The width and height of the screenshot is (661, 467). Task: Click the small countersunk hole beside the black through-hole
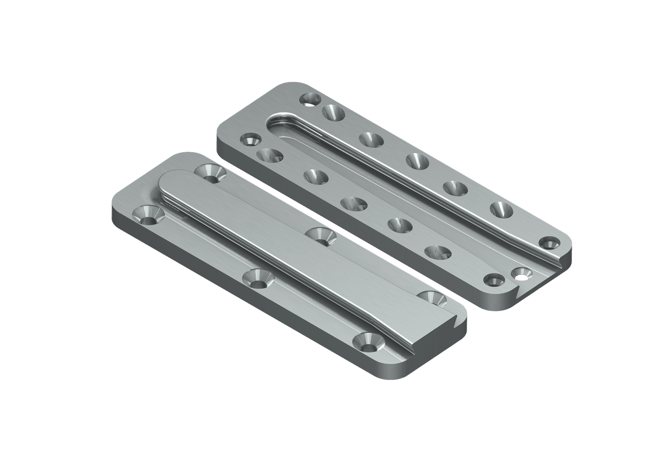493,280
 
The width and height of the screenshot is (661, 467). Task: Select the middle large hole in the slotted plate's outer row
417,160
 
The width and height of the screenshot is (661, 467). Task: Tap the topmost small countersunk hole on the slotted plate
310,100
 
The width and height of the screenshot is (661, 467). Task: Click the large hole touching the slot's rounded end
334,113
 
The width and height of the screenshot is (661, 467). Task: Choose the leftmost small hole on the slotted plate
250,140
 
